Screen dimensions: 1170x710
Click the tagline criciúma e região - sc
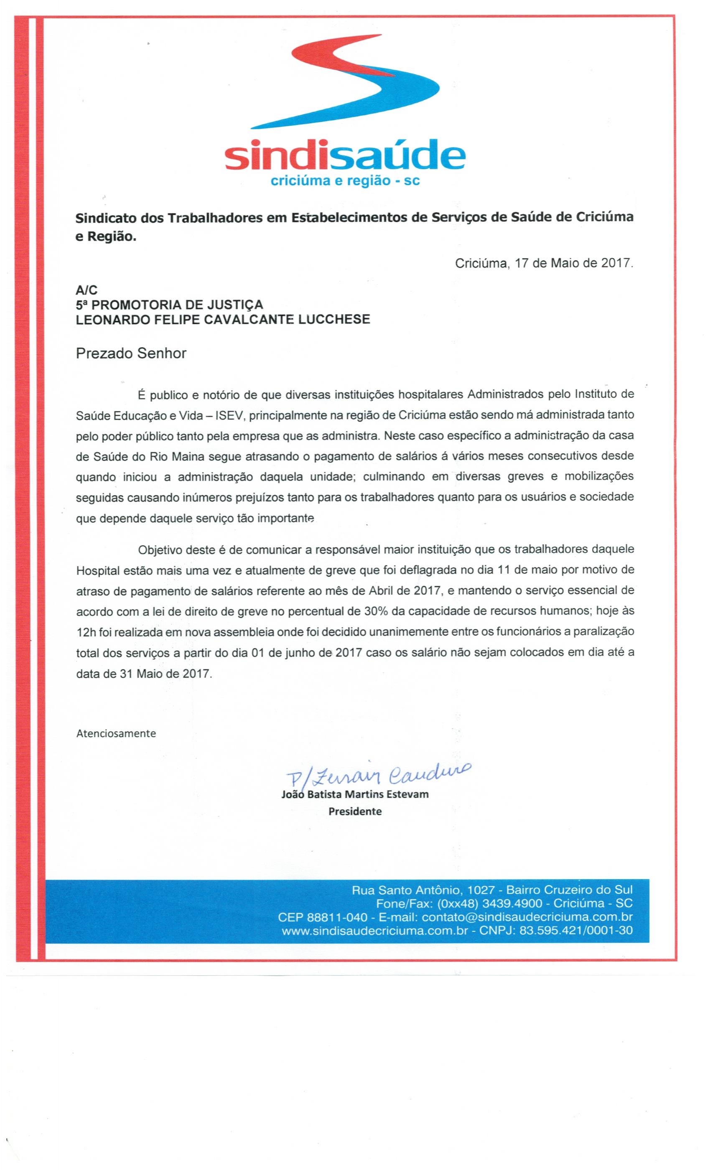[x=345, y=181]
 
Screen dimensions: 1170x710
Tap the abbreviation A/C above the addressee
[x=87, y=290]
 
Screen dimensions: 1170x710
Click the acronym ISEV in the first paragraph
[x=229, y=415]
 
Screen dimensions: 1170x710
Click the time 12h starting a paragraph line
[x=87, y=632]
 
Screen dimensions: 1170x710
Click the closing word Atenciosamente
[x=116, y=733]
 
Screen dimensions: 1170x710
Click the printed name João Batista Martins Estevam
[x=355, y=794]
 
